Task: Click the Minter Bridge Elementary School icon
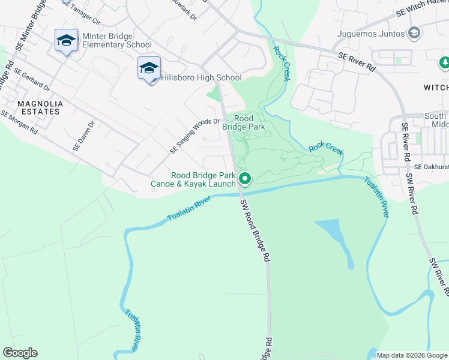pyautogui.click(x=66, y=40)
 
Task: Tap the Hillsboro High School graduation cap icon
pyautogui.click(x=148, y=68)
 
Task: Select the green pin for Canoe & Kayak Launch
pyautogui.click(x=245, y=178)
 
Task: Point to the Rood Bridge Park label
pyautogui.click(x=243, y=123)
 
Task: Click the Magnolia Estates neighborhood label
pyautogui.click(x=39, y=107)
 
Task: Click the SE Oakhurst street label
pyautogui.click(x=431, y=166)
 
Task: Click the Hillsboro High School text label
pyautogui.click(x=201, y=77)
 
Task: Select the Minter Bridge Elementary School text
pyautogui.click(x=117, y=40)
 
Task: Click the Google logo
pyautogui.click(x=20, y=353)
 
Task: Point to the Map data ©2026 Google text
pyautogui.click(x=411, y=355)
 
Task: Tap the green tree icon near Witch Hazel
pyautogui.click(x=445, y=62)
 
